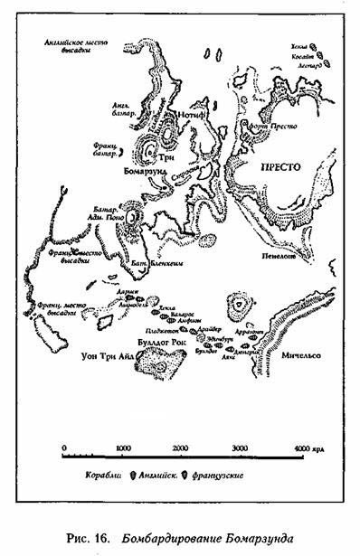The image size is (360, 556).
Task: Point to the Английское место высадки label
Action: pos(75,47)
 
